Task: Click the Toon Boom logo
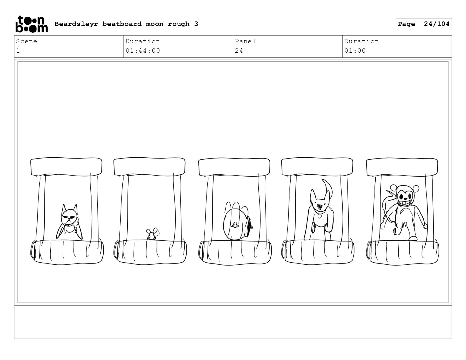click(x=32, y=24)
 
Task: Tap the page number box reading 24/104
click(x=424, y=24)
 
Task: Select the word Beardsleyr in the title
click(x=76, y=24)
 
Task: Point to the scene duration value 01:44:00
click(x=143, y=51)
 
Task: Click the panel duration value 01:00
click(x=355, y=51)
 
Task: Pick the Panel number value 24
click(x=239, y=51)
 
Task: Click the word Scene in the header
click(x=26, y=41)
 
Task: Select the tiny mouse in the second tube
click(x=152, y=234)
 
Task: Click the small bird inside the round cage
click(x=235, y=225)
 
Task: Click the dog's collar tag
click(x=319, y=216)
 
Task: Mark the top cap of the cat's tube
click(x=66, y=167)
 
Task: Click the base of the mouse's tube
click(x=150, y=252)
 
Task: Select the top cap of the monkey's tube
click(x=402, y=167)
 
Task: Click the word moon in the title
click(x=154, y=24)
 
